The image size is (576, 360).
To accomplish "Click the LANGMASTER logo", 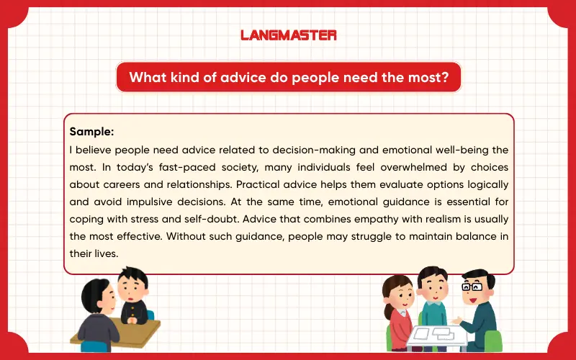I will pyautogui.click(x=288, y=35).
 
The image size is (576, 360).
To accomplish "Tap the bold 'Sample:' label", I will pyautogui.click(x=92, y=132).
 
